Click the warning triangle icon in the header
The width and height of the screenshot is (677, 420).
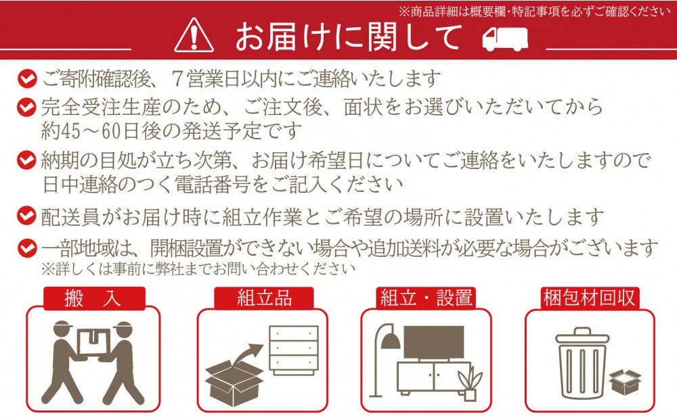pyautogui.click(x=194, y=35)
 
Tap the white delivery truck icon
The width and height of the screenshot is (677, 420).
pyautogui.click(x=505, y=39)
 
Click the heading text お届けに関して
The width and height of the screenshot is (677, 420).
pyautogui.click(x=349, y=37)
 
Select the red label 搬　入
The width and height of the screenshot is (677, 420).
pyautogui.click(x=94, y=298)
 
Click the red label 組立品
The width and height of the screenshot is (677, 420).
pyautogui.click(x=264, y=298)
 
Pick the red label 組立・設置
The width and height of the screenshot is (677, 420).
pyautogui.click(x=426, y=298)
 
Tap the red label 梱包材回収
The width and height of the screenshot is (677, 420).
pyautogui.click(x=590, y=298)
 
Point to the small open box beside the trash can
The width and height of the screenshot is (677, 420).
pyautogui.click(x=625, y=382)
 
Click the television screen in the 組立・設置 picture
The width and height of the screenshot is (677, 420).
pyautogui.click(x=433, y=342)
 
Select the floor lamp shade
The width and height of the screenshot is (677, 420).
pyautogui.click(x=391, y=341)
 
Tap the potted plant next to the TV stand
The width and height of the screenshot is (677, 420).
pyautogui.click(x=470, y=383)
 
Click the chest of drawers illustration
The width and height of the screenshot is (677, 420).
pyautogui.click(x=294, y=350)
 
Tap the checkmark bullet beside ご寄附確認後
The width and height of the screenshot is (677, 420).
pyautogui.click(x=27, y=79)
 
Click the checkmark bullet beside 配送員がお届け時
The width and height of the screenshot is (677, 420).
pyautogui.click(x=27, y=216)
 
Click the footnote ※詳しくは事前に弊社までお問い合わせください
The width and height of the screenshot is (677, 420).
pyautogui.click(x=198, y=269)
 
